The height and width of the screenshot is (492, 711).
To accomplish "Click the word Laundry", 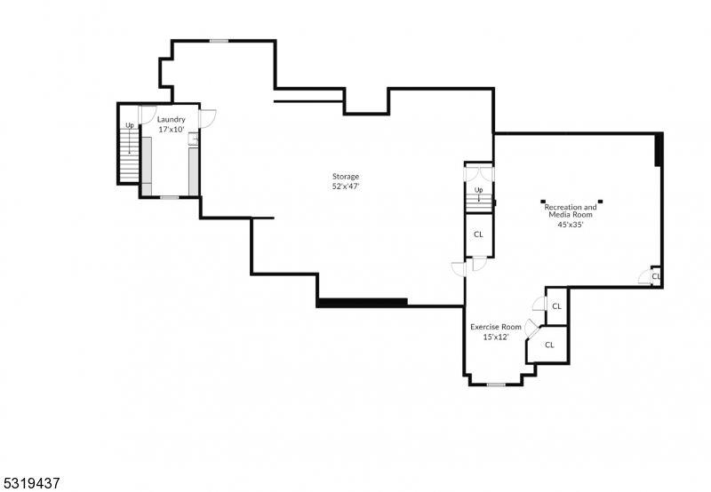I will [172, 119].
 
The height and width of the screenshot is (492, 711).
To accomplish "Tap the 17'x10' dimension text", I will [172, 130].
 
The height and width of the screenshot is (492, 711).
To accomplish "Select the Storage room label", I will [346, 176].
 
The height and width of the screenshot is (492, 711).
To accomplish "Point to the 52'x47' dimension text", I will [346, 186].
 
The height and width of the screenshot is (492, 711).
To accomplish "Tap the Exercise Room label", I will [496, 327].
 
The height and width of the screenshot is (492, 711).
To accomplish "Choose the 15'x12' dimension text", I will [496, 337].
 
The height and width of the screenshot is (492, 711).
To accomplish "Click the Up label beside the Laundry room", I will [130, 125].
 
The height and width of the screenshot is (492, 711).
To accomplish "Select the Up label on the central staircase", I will [478, 190].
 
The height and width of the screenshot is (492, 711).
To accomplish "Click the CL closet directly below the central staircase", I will [478, 234].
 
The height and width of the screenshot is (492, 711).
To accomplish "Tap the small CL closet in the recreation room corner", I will [656, 276].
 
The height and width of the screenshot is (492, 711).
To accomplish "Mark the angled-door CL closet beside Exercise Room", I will [549, 345].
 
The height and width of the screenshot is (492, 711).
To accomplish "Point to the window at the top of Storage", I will [219, 40].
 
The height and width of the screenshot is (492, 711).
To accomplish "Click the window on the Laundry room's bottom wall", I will [169, 197].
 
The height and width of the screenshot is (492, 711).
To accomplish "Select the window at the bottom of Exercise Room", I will [496, 385].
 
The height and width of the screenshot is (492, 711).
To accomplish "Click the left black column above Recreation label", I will [542, 200].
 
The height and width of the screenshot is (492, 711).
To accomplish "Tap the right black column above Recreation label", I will [600, 200].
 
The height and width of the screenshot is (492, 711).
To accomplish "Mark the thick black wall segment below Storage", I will [362, 303].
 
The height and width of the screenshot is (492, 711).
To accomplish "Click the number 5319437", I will [31, 483].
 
